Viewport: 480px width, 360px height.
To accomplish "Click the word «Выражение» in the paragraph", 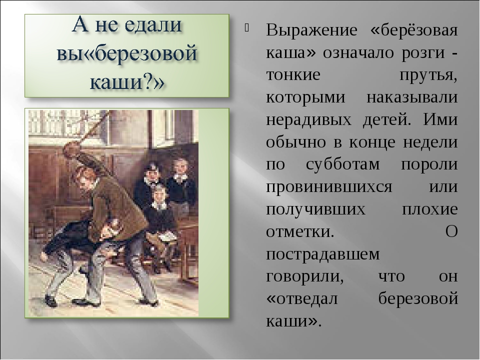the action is tap(311, 31).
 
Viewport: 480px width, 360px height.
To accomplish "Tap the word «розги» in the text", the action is tap(423, 52).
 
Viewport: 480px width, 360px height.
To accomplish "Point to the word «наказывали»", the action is tap(412, 97).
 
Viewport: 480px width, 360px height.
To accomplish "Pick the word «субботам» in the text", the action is tap(343, 164).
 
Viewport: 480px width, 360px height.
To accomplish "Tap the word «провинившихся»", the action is tap(329, 187).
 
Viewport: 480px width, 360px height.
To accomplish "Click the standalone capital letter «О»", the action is tap(451, 231).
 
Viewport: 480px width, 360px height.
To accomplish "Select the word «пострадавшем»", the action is tap(323, 254).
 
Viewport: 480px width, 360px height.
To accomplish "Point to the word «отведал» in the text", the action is tap(302, 298).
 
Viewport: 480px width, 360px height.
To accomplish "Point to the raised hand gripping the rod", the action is tap(70, 149).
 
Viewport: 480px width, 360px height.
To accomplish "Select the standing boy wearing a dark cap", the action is tap(149, 184).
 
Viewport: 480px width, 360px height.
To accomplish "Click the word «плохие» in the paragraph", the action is tap(429, 209).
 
